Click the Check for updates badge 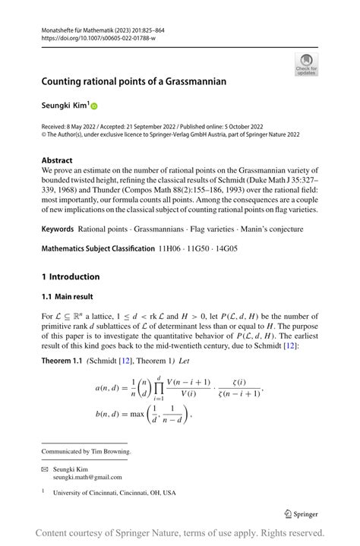pyautogui.click(x=306, y=64)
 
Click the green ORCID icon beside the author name pyautogui.click(x=95, y=106)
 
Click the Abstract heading pyautogui.click(x=57, y=161)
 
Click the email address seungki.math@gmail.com pyautogui.click(x=87, y=477)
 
